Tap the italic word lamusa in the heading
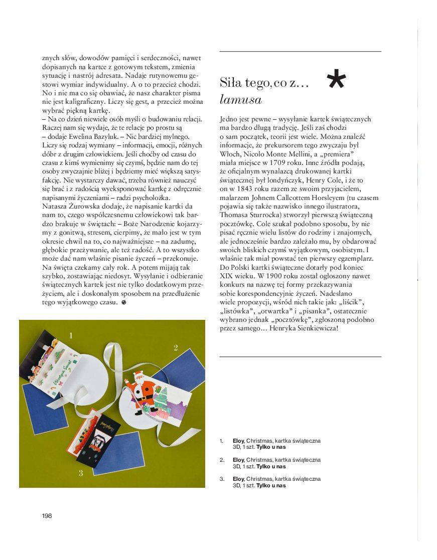click(x=241, y=99)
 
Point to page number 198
click(x=47, y=516)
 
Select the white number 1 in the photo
click(x=71, y=335)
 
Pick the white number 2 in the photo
click(x=176, y=347)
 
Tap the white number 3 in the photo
click(x=80, y=473)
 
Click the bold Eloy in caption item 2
click(x=238, y=459)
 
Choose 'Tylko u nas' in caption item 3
click(x=271, y=485)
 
